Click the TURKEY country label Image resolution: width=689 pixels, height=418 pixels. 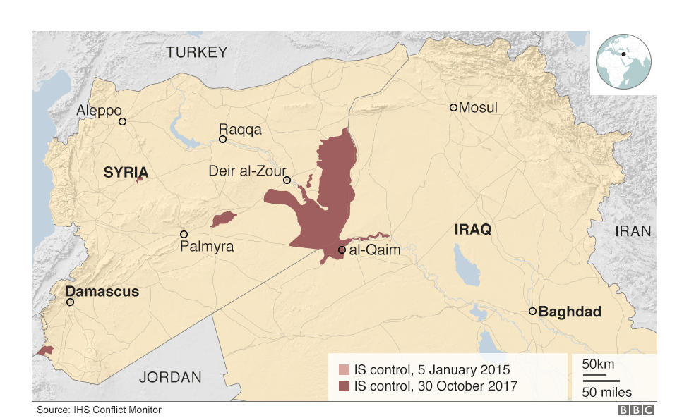click(x=196, y=51)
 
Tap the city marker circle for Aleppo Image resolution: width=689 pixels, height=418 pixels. click(x=122, y=121)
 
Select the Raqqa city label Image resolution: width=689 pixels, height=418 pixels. click(x=240, y=129)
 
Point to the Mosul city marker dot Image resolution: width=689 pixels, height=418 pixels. click(x=453, y=107)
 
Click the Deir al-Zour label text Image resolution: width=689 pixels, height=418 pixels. click(x=247, y=171)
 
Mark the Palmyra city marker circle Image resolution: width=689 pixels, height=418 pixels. click(x=184, y=234)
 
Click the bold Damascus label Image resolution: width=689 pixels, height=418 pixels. click(x=102, y=291)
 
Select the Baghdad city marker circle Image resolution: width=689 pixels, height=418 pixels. click(x=532, y=311)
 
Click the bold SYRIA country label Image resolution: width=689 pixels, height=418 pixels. click(x=126, y=172)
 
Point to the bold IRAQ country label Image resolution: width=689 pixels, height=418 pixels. click(x=472, y=230)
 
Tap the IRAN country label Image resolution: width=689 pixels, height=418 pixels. click(x=633, y=231)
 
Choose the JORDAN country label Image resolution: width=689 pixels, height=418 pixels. click(x=170, y=377)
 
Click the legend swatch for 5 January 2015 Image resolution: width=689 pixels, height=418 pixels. click(x=344, y=369)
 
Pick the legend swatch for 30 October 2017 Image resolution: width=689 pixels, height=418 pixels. click(x=344, y=386)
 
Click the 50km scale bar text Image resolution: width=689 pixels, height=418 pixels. click(x=598, y=364)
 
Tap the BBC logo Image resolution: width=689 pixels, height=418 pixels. click(x=636, y=410)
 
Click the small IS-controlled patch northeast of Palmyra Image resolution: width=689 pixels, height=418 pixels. click(x=224, y=219)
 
